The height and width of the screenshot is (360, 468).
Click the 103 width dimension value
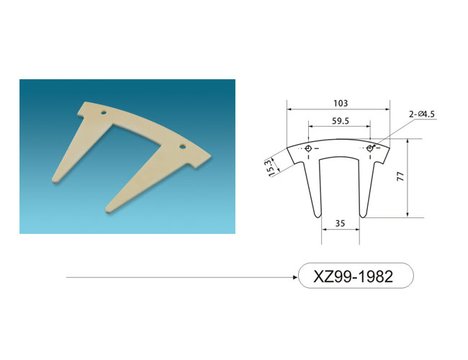[341, 103]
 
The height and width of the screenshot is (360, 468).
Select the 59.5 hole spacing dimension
[341, 121]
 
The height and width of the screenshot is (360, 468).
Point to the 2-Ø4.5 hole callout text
[422, 114]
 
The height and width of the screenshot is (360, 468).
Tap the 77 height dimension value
[400, 176]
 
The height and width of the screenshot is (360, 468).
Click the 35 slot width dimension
[340, 223]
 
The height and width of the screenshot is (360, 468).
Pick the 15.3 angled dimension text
[271, 168]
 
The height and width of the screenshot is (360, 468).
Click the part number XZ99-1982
[353, 276]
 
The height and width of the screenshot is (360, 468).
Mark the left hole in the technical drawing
[309, 148]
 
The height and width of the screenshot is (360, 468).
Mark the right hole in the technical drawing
[370, 148]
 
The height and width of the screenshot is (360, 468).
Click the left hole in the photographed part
[104, 113]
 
